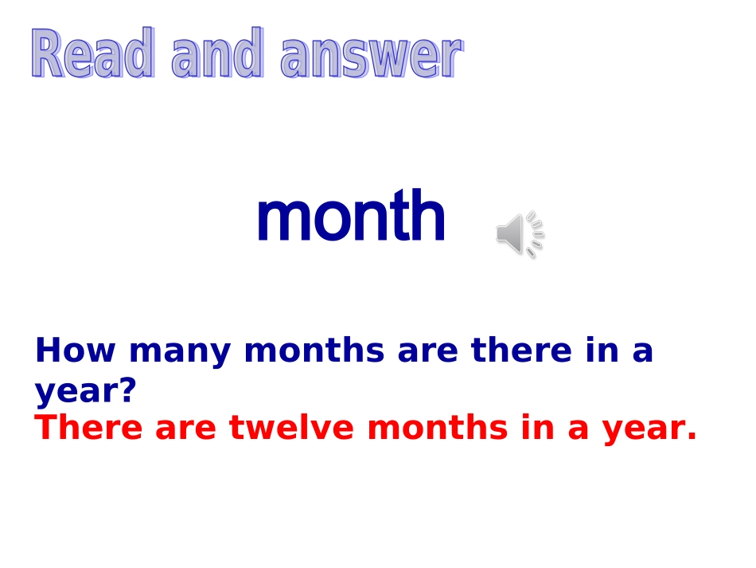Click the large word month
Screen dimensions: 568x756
tap(350, 217)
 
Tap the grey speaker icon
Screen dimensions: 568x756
tap(519, 234)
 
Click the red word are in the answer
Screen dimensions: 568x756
tap(185, 430)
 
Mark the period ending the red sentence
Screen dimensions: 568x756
tap(691, 437)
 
